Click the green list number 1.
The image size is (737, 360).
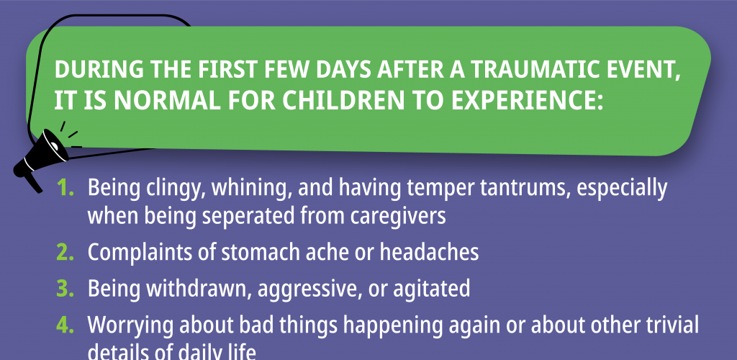[x=65, y=189]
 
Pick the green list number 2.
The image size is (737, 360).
[x=65, y=253]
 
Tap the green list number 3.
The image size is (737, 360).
[x=65, y=289]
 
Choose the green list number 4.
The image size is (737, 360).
[x=65, y=325]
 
